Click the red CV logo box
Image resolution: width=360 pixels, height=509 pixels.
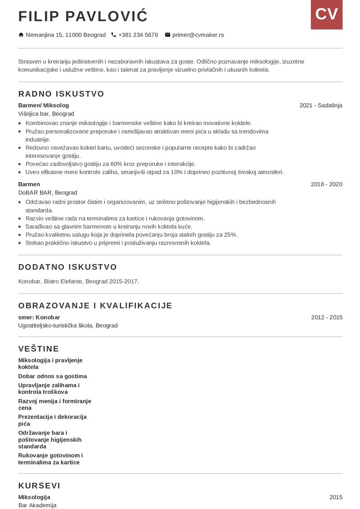[326, 14]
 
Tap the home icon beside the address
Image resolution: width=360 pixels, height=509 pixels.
[21, 35]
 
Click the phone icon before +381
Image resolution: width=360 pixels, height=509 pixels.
[113, 35]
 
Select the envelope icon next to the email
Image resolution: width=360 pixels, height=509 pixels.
[168, 35]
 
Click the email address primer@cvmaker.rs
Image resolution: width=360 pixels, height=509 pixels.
[198, 35]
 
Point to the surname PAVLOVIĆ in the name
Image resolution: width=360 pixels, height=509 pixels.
[107, 16]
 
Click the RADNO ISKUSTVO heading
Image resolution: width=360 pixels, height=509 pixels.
[61, 94]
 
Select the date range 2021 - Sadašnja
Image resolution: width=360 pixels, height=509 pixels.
[321, 105]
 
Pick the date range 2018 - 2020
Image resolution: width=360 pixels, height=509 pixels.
[326, 184]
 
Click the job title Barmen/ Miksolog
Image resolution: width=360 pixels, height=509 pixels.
[44, 105]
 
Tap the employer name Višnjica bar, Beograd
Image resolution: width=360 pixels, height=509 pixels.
[46, 114]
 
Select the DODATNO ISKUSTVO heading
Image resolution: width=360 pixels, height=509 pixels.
[67, 267]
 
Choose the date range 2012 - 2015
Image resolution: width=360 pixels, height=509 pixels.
[326, 317]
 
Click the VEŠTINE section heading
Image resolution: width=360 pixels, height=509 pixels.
[39, 348]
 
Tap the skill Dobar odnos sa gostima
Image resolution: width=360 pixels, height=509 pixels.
[53, 376]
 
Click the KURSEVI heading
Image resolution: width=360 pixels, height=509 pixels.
[39, 486]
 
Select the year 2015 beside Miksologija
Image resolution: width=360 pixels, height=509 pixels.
[336, 497]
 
